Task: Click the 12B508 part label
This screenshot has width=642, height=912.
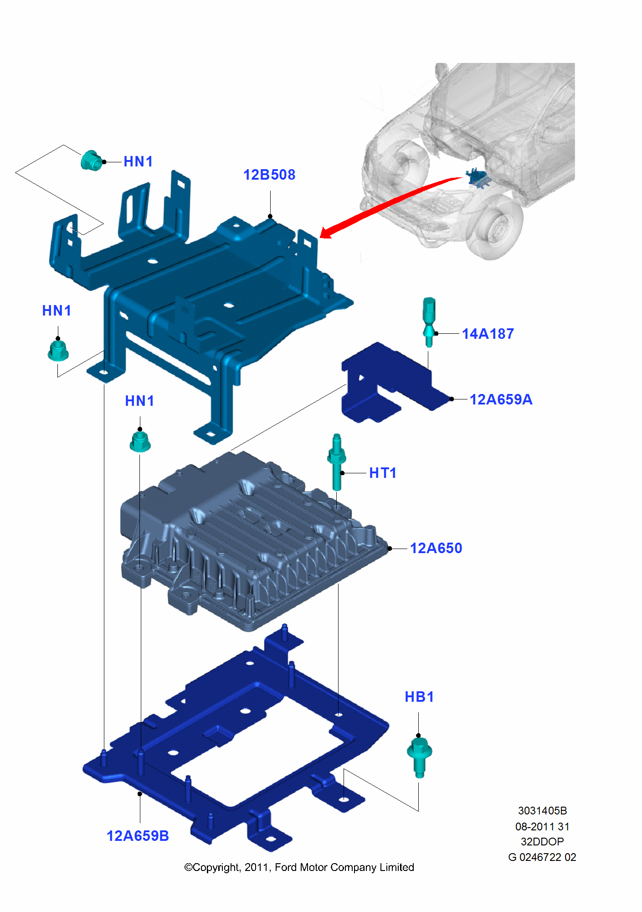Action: point(269,175)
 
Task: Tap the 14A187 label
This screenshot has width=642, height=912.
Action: point(488,334)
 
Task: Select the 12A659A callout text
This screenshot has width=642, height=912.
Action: point(501,399)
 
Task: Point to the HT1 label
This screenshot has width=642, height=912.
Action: point(382,473)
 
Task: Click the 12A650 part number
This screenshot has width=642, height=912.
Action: point(436,548)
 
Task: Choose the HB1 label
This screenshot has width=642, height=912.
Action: point(419,697)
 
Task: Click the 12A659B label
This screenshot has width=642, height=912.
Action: point(138,836)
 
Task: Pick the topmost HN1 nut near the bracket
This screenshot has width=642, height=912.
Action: point(91,161)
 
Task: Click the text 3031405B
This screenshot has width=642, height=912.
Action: point(542,811)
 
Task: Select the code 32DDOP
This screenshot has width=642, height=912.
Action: point(542,842)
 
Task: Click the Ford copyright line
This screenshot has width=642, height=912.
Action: point(299,867)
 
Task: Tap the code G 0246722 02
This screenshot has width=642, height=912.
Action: point(542,857)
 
